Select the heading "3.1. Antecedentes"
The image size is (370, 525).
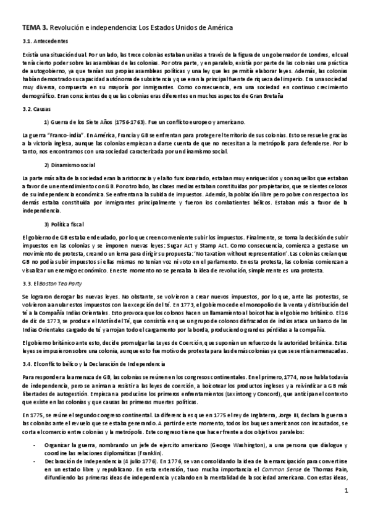[x=44, y=41]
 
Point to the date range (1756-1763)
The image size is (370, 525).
[x=131, y=121]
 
